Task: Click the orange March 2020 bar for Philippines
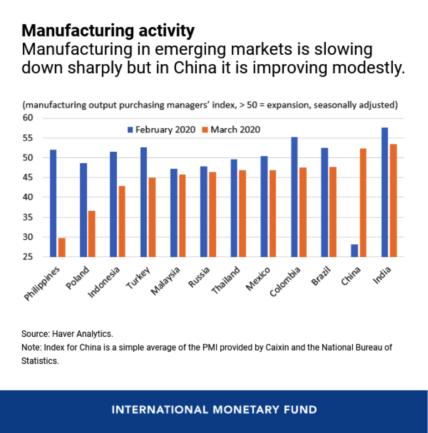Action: pos(62,247)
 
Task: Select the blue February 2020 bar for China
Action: pos(355,251)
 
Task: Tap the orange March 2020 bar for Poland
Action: pos(92,234)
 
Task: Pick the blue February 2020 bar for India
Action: pos(385,192)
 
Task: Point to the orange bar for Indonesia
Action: pos(122,222)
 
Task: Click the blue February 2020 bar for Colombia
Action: pos(294,197)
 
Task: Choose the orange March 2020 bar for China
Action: pos(363,203)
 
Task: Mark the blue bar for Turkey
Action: pos(144,202)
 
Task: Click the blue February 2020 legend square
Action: pos(130,130)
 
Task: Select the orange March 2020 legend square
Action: pos(205,130)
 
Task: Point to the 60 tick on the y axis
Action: pos(28,118)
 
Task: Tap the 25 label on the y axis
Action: pos(28,257)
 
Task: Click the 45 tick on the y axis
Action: pos(28,177)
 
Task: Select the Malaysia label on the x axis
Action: pos(165,281)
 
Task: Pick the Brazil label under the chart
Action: pos(321,276)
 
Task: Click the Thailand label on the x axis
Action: pos(225,280)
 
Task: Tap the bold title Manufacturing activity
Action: pos(108,31)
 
